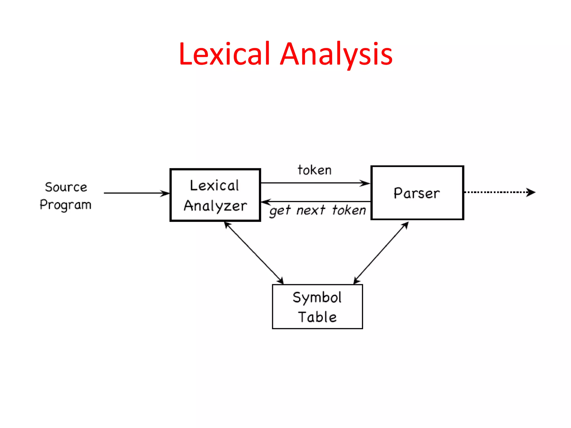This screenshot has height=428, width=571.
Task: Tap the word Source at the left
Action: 66,187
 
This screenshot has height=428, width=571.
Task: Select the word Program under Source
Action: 66,205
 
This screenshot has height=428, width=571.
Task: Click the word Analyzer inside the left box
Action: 215,206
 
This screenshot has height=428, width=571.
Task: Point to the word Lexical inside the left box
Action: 214,186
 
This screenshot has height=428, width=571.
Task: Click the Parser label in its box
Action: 417,193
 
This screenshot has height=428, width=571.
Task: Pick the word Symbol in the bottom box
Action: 317,298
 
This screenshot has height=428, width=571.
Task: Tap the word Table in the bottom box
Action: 317,317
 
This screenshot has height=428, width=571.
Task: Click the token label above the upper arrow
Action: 314,170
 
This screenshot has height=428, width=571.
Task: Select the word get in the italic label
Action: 280,211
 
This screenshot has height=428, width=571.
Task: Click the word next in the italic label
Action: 311,210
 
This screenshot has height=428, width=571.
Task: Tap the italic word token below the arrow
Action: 349,210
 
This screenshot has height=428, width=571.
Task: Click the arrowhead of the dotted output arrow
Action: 531,192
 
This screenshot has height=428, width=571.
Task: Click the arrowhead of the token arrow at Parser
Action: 366,183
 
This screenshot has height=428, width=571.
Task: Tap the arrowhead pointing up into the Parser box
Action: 406,225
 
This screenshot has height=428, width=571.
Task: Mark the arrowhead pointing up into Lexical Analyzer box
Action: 227,225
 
